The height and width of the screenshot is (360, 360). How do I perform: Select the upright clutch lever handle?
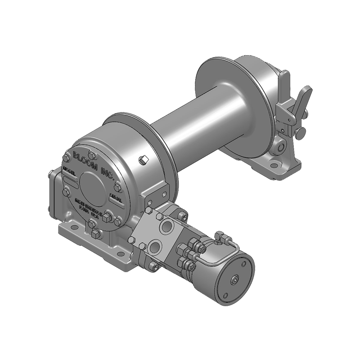tap(284, 90)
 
